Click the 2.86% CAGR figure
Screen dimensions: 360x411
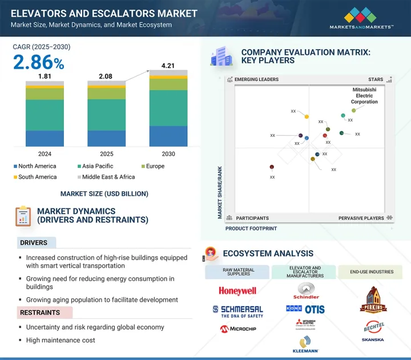38,62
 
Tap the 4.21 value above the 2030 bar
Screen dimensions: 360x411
168,65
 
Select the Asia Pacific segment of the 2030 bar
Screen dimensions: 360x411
168,108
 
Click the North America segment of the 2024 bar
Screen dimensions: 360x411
45,139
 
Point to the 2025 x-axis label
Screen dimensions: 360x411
106,154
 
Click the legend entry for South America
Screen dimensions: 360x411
35,177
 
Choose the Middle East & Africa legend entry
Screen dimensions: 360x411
106,177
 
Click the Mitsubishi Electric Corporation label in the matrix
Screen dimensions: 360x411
364,96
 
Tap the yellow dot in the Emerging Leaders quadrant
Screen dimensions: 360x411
307,117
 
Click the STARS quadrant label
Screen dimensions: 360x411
375,80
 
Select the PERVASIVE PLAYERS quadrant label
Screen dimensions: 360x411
361,218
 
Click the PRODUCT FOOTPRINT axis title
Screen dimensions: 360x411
251,229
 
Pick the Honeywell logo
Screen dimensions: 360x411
237,291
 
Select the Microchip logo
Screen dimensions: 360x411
237,329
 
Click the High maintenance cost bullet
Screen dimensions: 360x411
61,340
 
